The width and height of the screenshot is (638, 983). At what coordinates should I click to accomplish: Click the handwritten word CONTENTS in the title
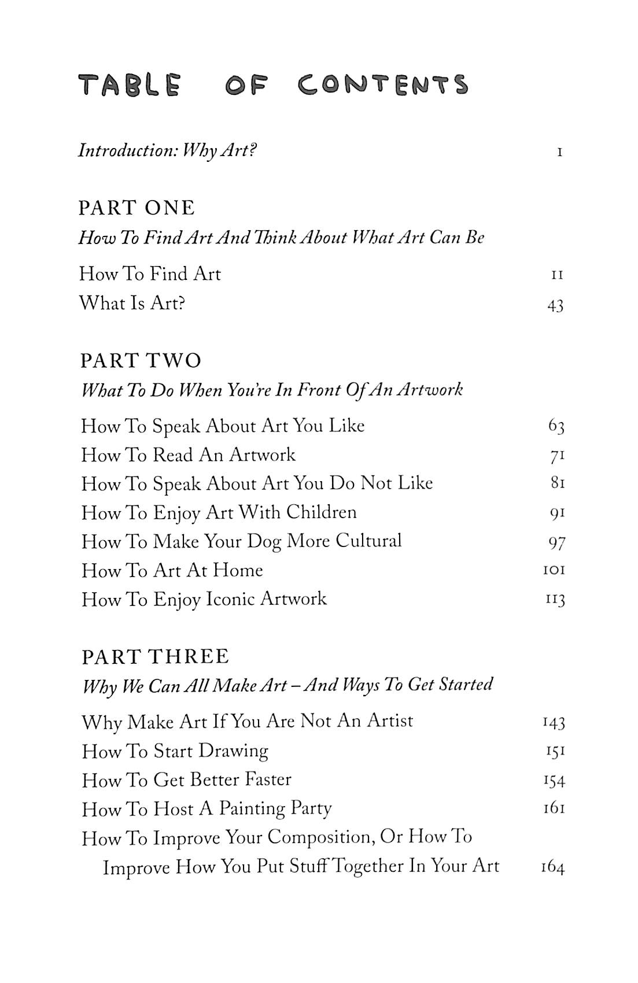click(383, 84)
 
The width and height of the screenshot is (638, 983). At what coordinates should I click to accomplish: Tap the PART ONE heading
click(137, 208)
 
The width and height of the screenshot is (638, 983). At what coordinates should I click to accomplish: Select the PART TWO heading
click(141, 360)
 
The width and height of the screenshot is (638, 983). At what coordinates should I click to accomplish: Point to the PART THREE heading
click(156, 656)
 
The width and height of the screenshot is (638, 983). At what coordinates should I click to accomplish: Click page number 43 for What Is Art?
click(555, 305)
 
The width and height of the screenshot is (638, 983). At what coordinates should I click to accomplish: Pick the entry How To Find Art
click(150, 274)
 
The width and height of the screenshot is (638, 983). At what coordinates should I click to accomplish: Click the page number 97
click(556, 542)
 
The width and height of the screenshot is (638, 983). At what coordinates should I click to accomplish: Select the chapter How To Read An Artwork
click(188, 455)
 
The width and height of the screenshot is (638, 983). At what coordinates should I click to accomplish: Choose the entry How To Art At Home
click(172, 571)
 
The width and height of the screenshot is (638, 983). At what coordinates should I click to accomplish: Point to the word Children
click(321, 512)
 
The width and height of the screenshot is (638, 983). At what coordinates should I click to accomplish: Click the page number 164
click(552, 867)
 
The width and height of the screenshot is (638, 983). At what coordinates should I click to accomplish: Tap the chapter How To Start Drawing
click(175, 751)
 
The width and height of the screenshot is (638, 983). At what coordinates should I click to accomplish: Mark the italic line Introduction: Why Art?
click(167, 151)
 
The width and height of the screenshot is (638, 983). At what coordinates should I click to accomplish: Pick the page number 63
click(556, 427)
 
